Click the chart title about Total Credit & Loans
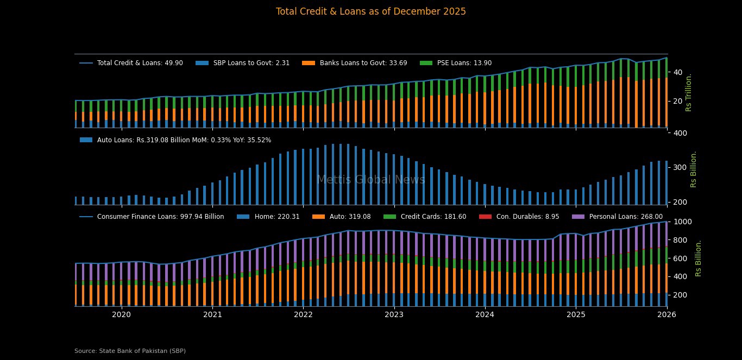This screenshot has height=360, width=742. click(370, 11)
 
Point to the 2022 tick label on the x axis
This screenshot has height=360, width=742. click(303, 314)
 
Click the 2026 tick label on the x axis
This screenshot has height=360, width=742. click(666, 314)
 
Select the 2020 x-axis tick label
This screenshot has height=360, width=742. click(121, 314)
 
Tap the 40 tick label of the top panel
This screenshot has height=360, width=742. click(677, 72)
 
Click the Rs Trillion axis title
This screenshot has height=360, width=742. click(689, 92)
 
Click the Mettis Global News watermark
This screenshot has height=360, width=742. click(370, 180)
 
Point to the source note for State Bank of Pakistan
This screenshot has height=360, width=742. click(130, 351)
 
